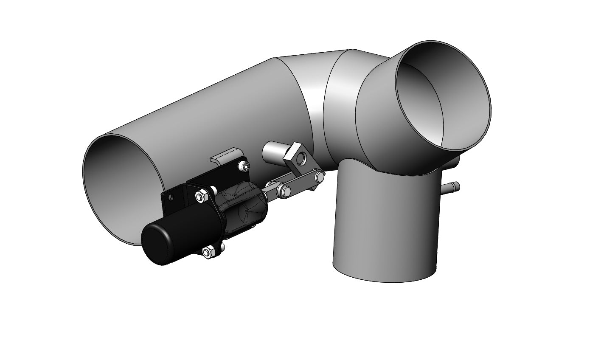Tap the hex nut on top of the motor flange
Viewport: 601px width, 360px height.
click(200, 196)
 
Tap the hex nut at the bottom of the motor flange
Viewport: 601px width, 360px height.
click(207, 253)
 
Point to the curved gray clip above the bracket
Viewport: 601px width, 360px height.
click(227, 155)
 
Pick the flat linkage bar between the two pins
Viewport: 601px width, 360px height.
click(300, 183)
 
